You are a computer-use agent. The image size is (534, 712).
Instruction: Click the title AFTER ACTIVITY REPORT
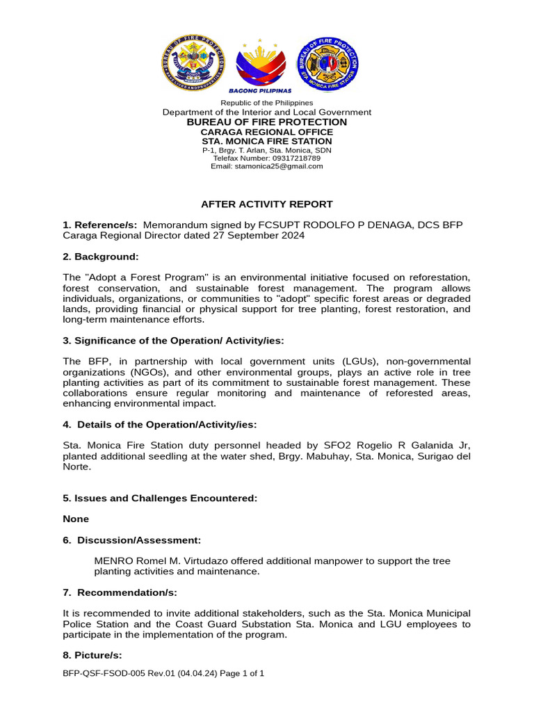267,204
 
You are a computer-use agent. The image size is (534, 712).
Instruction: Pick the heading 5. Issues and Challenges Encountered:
160,498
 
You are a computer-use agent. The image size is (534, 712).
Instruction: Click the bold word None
76,519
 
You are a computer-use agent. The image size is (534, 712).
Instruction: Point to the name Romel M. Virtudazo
179,560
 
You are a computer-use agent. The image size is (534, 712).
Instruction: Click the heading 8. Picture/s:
92,655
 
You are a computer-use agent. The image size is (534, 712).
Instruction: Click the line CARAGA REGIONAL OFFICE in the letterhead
267,132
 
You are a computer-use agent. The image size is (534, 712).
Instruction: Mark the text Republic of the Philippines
267,103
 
